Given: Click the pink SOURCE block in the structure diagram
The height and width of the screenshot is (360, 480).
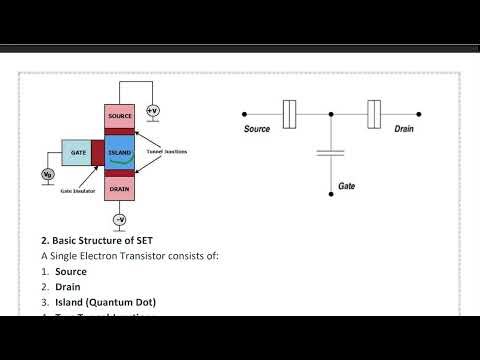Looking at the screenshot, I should [x=119, y=116].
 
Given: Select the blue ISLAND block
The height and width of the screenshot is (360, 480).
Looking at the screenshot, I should [x=119, y=152].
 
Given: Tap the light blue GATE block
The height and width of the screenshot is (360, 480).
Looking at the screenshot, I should [x=75, y=152].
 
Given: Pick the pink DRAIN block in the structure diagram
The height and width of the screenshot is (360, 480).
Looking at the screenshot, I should [x=119, y=188].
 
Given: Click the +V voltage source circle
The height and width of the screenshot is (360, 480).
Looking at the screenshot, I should [x=152, y=110].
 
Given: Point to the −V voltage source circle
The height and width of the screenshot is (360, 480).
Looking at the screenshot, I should [x=119, y=219].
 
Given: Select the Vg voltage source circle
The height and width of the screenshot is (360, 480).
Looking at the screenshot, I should [x=47, y=175].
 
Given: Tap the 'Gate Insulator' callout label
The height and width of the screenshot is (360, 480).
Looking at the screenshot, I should [x=78, y=189].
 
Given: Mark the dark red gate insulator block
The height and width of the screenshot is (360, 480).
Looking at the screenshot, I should [x=97, y=152].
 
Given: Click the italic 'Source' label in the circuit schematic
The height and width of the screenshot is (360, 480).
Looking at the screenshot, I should [x=258, y=129].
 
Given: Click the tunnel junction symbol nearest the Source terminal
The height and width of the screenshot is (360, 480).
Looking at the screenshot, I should [x=289, y=113].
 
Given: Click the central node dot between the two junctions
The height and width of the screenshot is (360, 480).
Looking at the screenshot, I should [x=331, y=113].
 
